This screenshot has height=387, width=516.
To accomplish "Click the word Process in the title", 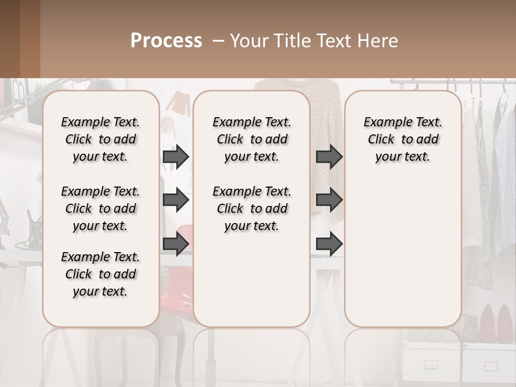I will tap(166, 41).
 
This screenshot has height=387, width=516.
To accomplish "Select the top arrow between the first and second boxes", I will tap(176, 157).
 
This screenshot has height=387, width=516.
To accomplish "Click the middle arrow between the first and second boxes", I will tap(176, 200).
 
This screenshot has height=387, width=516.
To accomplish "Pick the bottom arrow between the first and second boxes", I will tap(176, 244).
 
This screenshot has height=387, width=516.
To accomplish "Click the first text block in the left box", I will tap(101, 139).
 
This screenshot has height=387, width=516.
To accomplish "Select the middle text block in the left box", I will tap(101, 209).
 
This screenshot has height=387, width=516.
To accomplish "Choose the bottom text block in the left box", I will tap(101, 274).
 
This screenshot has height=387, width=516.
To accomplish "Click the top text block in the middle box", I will tap(252, 139).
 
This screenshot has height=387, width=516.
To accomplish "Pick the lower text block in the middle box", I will tap(252, 209).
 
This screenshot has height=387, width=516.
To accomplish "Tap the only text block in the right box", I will tap(403, 139).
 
